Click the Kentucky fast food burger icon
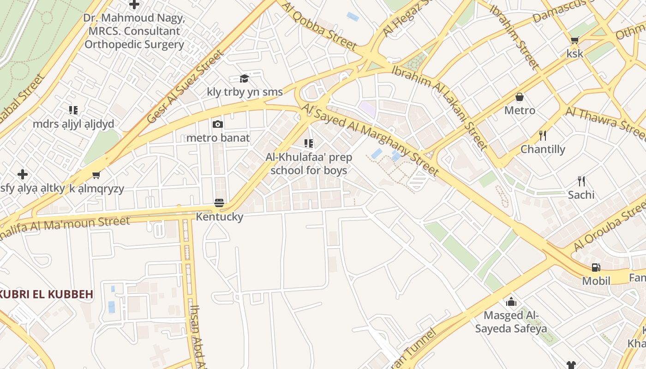[x=219, y=203]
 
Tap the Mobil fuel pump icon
[x=596, y=267]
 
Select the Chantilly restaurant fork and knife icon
[x=543, y=136]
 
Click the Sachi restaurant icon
[x=581, y=181]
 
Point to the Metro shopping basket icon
[x=520, y=97]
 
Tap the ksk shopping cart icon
[x=575, y=40]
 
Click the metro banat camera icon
[x=218, y=124]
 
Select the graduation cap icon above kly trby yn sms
[x=244, y=78]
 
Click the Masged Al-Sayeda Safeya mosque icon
[x=511, y=302]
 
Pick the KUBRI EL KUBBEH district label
[x=47, y=294]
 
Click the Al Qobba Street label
[x=318, y=25]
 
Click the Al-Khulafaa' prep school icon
[x=309, y=143]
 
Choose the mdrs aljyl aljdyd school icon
[x=73, y=110]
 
